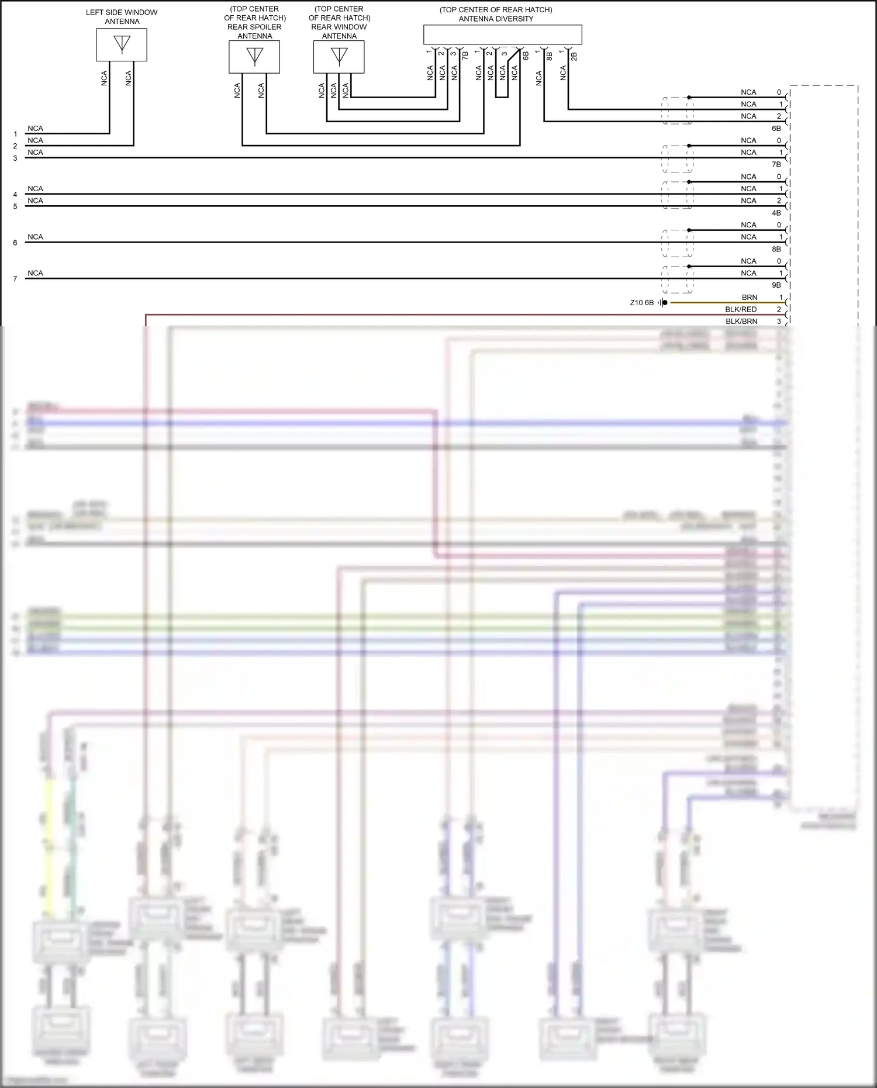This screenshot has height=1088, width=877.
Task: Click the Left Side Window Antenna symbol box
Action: tap(122, 45)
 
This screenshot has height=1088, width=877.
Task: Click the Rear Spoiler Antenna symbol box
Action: tap(254, 57)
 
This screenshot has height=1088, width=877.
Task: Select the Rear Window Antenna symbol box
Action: tap(339, 57)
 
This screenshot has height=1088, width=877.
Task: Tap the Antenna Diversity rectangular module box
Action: tap(502, 34)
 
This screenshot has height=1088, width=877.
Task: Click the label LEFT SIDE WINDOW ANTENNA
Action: tap(122, 16)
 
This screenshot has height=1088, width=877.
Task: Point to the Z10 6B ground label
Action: tap(641, 303)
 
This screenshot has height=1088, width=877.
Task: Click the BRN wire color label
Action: tap(749, 298)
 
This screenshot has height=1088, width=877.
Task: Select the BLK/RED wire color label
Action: tap(741, 309)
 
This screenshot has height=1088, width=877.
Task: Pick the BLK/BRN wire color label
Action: tap(741, 322)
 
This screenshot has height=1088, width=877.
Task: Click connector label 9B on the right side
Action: tap(776, 285)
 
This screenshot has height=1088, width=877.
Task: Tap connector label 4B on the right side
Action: tap(776, 213)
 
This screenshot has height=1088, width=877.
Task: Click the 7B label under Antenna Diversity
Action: tap(465, 56)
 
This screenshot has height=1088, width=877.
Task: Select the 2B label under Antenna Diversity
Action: tap(574, 56)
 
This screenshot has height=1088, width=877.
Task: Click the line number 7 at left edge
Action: tap(15, 279)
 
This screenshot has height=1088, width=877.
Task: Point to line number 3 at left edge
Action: tap(15, 158)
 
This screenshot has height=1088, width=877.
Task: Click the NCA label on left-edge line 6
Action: tap(35, 237)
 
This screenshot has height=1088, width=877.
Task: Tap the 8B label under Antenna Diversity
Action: tap(550, 56)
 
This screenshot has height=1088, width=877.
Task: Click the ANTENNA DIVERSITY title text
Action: tap(496, 19)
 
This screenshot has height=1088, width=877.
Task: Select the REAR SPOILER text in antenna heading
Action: tap(254, 27)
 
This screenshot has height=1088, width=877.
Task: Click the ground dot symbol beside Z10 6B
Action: tap(664, 303)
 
